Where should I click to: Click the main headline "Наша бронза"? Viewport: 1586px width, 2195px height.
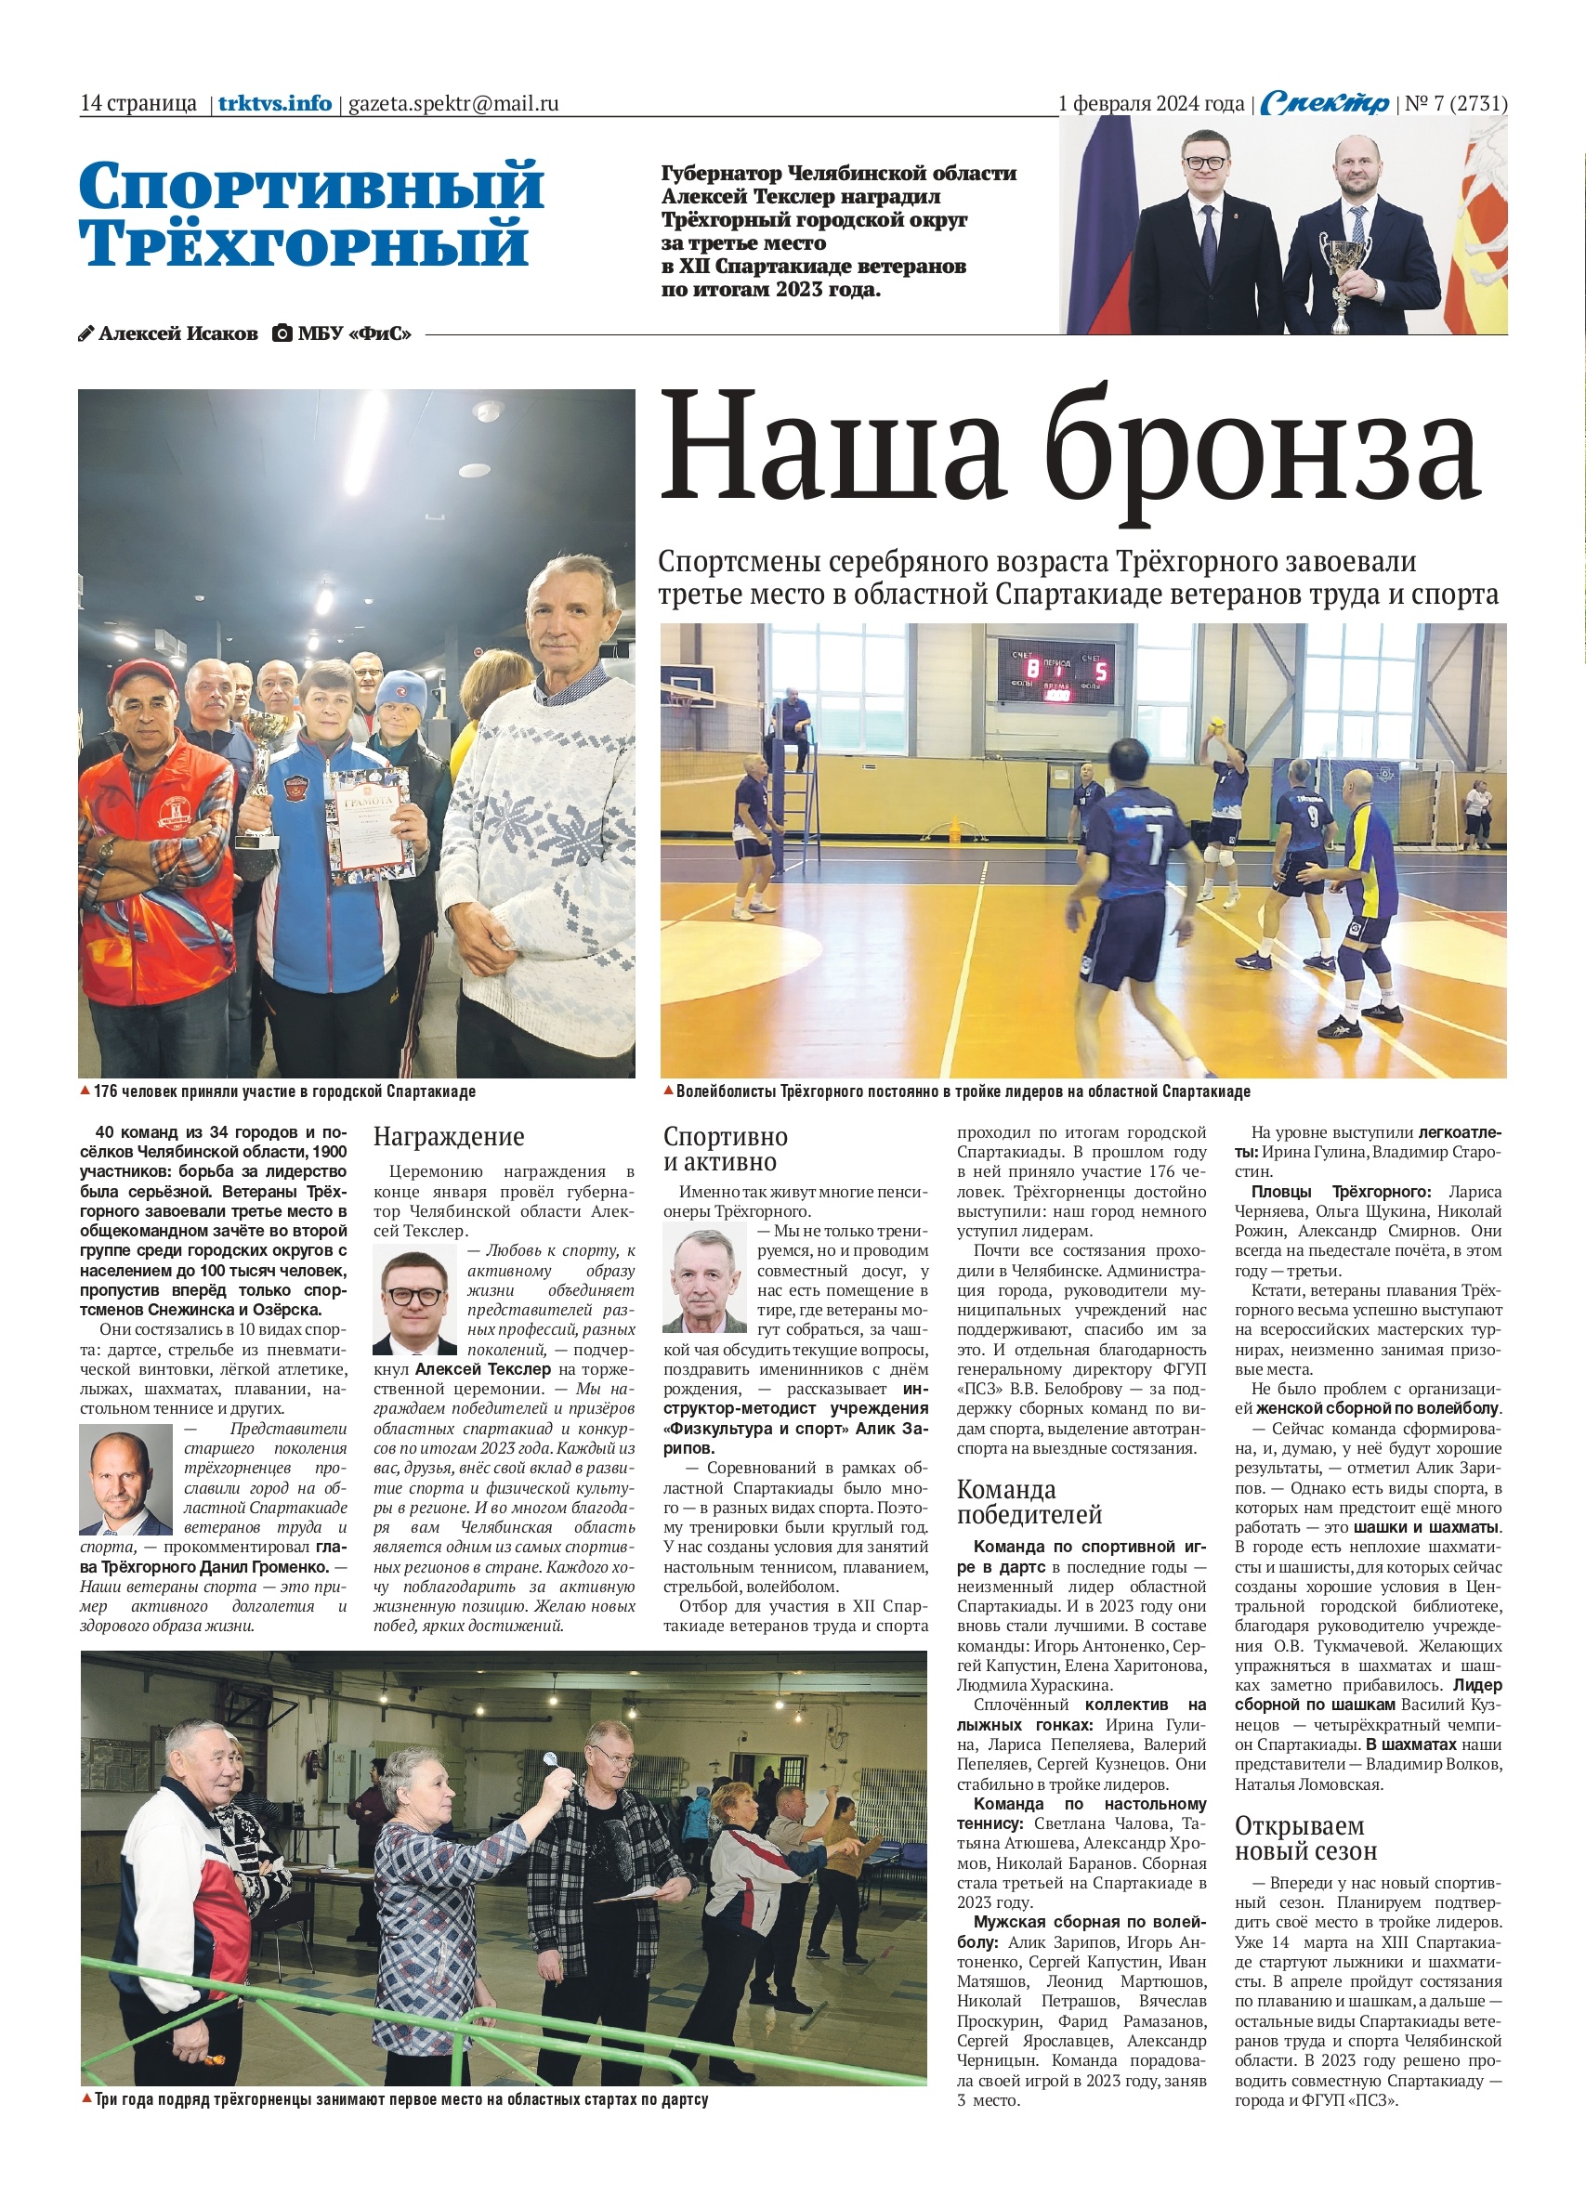1069,458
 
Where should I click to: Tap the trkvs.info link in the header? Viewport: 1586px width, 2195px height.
275,103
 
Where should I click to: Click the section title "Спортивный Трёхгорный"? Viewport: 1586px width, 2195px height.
311,214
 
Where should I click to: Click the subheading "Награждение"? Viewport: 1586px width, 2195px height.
449,1136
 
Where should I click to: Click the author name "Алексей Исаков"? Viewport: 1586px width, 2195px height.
177,333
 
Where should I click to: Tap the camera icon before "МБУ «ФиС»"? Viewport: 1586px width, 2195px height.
282,333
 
